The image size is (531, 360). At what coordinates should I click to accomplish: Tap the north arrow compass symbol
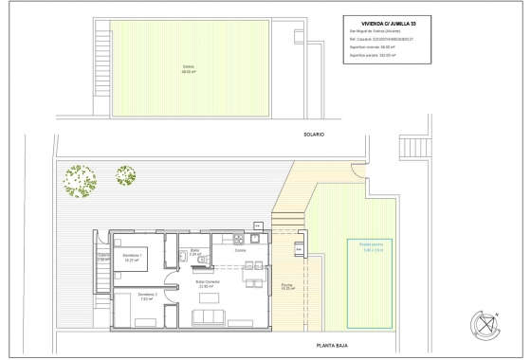click(x=486, y=326)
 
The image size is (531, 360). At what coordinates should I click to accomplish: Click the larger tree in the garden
click(x=80, y=179)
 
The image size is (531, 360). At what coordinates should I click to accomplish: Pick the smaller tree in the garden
click(x=126, y=174)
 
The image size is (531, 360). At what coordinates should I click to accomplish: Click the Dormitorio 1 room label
click(x=133, y=256)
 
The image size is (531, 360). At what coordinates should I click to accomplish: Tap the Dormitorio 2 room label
click(x=147, y=295)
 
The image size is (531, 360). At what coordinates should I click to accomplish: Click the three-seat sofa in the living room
click(x=206, y=316)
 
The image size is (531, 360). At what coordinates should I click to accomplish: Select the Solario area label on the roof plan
click(x=187, y=67)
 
